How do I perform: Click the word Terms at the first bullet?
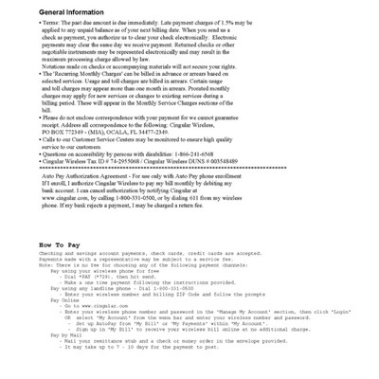[55, 24]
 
